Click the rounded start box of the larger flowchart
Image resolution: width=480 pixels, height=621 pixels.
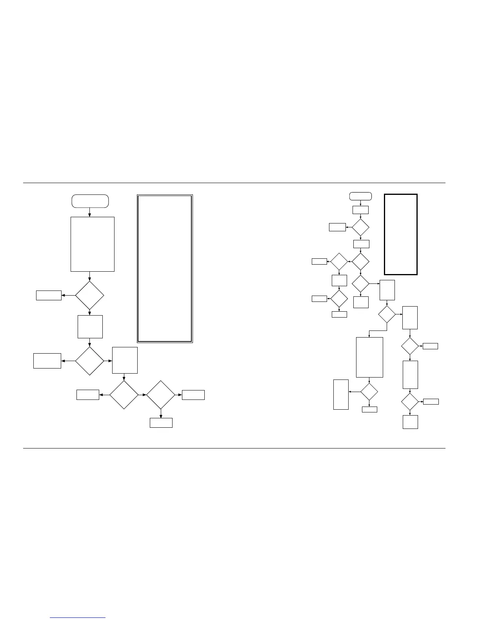pos(90,201)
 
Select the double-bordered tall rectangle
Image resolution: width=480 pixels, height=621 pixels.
pos(165,269)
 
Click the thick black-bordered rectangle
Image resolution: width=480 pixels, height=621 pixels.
pos(400,234)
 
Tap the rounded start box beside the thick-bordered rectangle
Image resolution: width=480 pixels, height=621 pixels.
pos(360,196)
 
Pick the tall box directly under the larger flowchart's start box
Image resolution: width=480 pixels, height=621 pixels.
pos(93,244)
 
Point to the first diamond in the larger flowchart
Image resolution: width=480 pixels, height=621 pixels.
pos(89,296)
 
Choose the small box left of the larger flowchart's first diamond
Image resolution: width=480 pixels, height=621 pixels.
pos(49,295)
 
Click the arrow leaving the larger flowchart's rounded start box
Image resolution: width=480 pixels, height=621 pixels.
pos(90,212)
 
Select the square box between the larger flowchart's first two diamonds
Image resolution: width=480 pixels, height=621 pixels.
pos(90,327)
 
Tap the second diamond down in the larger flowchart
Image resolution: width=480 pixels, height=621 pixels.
pos(89,361)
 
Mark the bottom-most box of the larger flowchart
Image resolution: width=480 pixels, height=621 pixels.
pos(161,423)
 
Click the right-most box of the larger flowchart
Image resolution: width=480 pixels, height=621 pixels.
pos(193,395)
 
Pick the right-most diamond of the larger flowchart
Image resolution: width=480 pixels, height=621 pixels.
pos(160,395)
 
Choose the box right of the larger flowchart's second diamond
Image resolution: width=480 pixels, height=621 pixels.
pos(125,360)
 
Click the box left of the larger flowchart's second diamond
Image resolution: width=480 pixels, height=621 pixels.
pos(47,361)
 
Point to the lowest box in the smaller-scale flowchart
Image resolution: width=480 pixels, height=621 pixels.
pos(410,422)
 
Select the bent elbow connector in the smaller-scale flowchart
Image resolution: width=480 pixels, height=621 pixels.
pos(377,330)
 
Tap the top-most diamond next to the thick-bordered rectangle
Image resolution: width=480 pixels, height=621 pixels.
pos(360,227)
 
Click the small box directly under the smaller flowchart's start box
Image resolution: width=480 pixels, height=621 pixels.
pos(360,210)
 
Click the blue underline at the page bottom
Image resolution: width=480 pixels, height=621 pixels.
pos(78,618)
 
